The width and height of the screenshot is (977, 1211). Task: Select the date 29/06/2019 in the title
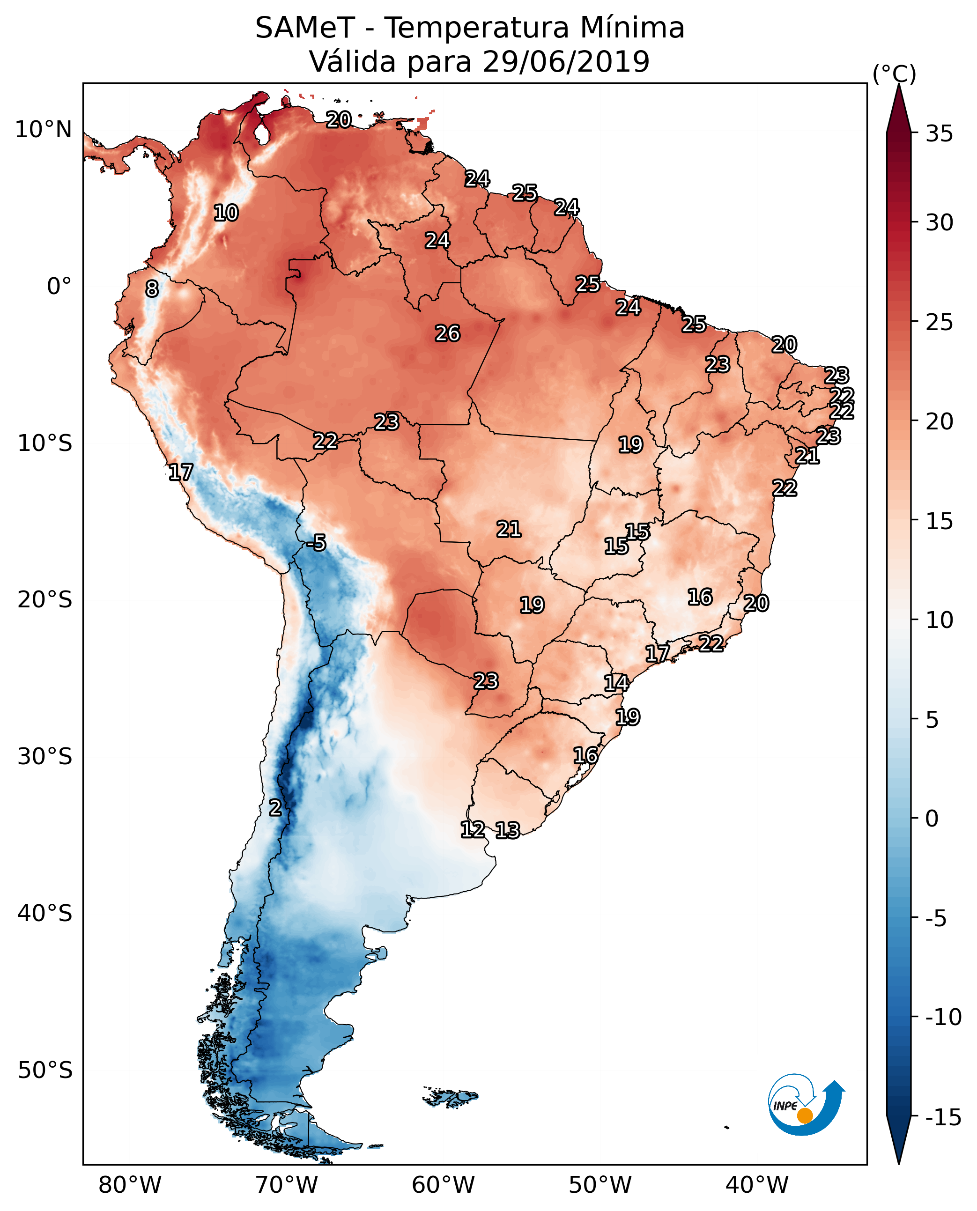tap(566, 62)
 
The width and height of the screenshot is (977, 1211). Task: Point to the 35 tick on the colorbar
tap(939, 134)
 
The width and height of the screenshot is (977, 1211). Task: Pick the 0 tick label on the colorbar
tap(932, 819)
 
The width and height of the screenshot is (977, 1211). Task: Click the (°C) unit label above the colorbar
tap(894, 74)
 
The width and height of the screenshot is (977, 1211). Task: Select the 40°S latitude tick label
tap(45, 913)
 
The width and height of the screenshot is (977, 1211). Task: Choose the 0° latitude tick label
tap(59, 287)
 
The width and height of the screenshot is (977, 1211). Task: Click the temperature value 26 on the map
tap(447, 334)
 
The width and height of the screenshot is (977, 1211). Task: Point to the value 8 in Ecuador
tap(152, 289)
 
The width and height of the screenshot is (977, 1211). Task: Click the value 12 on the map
tap(473, 829)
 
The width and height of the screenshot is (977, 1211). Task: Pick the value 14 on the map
tap(616, 683)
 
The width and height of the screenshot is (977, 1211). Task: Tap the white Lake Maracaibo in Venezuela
tap(260, 133)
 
